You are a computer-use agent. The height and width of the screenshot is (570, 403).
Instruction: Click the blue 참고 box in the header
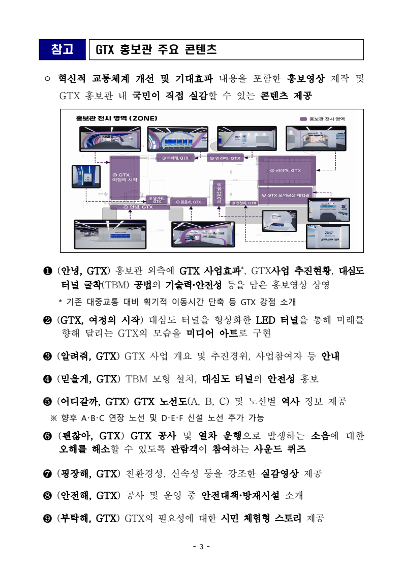pos(62,49)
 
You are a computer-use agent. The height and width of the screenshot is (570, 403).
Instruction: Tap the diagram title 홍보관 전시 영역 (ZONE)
pos(116,118)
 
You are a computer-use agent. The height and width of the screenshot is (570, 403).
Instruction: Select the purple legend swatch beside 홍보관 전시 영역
pos(303,118)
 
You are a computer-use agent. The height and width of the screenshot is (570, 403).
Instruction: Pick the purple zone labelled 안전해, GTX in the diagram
pos(224,158)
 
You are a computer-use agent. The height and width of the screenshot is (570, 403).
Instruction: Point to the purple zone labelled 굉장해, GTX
pos(287,170)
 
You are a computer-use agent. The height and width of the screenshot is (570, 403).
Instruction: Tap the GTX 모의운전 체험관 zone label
pos(287,195)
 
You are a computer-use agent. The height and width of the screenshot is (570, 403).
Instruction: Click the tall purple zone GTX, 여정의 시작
pos(125,178)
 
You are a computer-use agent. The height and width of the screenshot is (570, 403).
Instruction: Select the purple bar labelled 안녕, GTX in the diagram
pos(138,207)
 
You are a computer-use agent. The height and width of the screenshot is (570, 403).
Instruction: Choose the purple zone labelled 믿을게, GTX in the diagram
pos(188,202)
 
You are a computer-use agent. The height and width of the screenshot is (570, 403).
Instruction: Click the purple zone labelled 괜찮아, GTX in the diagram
pos(243,203)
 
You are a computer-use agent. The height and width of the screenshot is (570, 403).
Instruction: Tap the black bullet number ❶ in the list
pos(49,271)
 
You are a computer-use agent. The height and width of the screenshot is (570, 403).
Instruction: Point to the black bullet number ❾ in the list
pos(49,519)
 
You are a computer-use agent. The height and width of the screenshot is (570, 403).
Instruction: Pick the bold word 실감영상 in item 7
pos(280,474)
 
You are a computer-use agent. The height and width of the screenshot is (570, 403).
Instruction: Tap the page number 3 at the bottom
pos(201,547)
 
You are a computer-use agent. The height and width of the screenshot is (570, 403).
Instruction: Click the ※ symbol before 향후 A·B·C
pos(52,418)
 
